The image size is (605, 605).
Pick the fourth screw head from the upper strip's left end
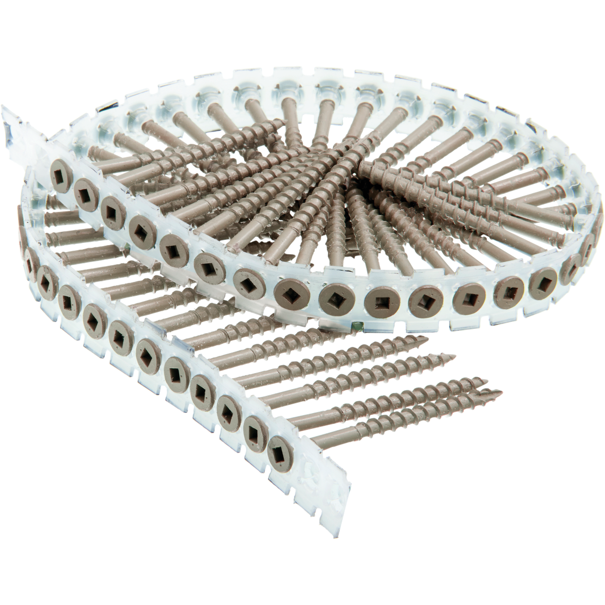[139, 228]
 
